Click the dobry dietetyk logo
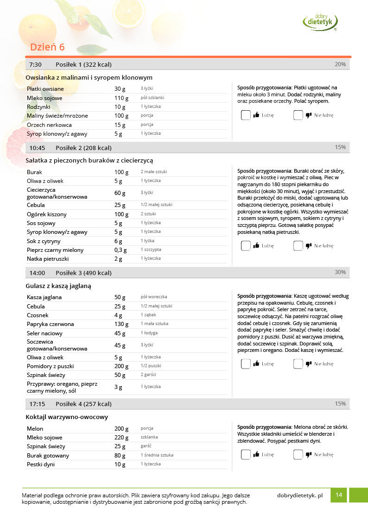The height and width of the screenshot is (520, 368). click(320, 21)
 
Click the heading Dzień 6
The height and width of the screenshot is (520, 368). click(47, 47)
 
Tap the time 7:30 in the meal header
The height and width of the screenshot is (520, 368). click(35, 64)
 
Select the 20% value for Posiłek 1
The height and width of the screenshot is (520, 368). click(340, 64)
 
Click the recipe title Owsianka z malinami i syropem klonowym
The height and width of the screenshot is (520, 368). click(89, 77)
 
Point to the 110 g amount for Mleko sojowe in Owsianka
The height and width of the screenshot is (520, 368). click(121, 98)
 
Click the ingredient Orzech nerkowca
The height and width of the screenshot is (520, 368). click(49, 125)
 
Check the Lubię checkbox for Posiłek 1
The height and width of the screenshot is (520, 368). click(246, 115)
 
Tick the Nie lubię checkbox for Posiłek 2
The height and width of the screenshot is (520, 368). click(298, 246)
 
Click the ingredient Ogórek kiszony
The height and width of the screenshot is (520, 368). click(46, 214)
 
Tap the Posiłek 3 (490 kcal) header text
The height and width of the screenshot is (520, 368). click(83, 273)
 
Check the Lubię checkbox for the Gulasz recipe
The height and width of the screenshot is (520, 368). click(246, 364)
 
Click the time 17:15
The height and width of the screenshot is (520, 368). click(37, 404)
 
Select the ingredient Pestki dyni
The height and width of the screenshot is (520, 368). click(41, 464)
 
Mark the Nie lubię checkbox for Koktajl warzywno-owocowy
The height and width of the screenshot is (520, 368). click(298, 455)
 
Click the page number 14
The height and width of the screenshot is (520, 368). click(339, 495)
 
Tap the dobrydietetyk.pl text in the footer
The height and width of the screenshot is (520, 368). click(299, 495)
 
